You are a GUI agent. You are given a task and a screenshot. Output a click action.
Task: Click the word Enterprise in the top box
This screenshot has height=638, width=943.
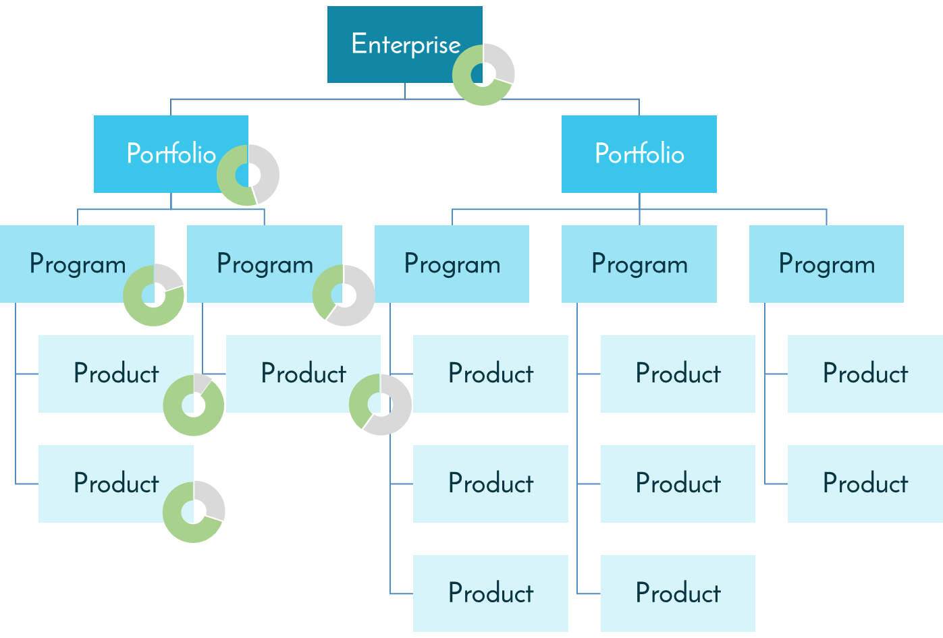tap(405, 44)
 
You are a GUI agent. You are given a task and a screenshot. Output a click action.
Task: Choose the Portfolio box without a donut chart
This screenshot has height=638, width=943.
tap(639, 154)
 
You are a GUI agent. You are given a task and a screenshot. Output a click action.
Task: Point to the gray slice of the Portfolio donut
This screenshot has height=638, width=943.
tap(267, 174)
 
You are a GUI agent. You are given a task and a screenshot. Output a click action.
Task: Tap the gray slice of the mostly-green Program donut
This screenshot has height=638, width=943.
tap(167, 277)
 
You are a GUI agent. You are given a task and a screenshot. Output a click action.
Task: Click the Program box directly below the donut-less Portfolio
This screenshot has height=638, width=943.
tap(639, 264)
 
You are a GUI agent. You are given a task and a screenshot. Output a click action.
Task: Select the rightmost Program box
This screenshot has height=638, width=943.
tap(826, 264)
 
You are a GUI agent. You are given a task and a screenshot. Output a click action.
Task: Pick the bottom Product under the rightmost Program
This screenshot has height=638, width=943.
tap(865, 483)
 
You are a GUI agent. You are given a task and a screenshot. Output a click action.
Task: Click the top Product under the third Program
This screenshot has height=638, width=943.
tap(490, 373)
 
